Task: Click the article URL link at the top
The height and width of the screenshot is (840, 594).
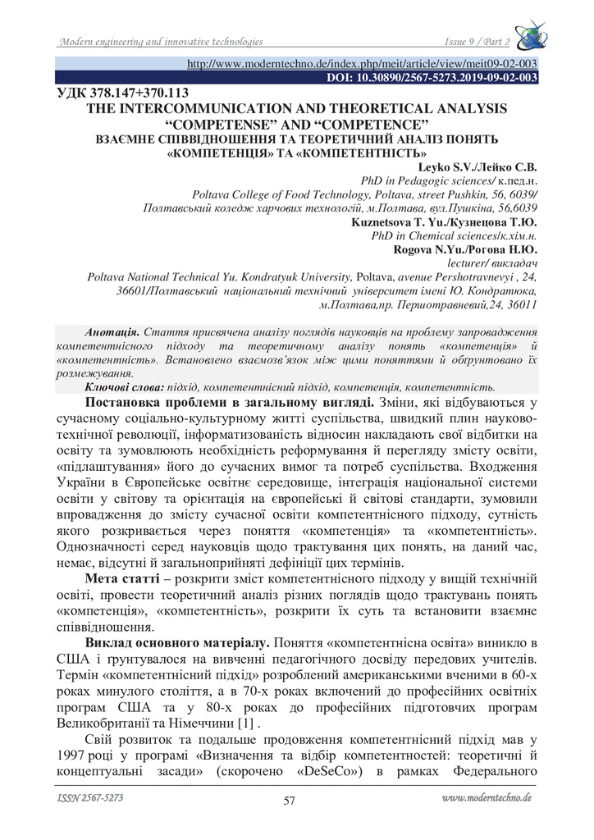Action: [x=363, y=63]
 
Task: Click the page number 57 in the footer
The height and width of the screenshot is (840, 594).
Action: [x=290, y=801]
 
